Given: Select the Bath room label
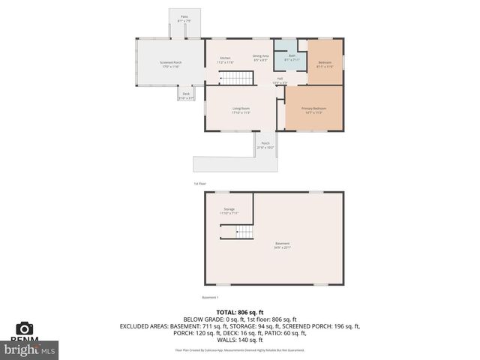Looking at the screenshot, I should [291, 56].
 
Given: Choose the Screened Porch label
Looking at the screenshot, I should [170, 64].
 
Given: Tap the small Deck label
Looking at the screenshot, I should [186, 95].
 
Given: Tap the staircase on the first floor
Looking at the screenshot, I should [238, 78].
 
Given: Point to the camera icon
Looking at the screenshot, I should [25, 328].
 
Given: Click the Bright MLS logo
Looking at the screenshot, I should [30, 349].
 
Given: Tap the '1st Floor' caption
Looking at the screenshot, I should [199, 183].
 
